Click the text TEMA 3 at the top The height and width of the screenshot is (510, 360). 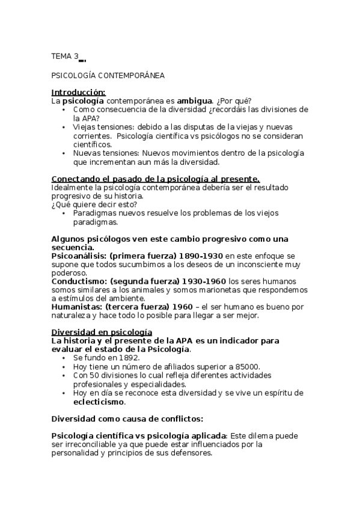tap(64, 57)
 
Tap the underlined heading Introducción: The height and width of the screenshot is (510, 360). tap(78, 92)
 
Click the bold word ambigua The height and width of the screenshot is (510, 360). tap(194, 100)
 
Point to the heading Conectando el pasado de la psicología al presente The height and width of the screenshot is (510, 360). tap(156, 179)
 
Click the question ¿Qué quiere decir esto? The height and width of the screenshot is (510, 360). tap(94, 204)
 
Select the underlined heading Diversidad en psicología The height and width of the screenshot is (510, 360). tap(102, 332)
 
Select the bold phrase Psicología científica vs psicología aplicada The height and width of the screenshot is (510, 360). tap(139, 435)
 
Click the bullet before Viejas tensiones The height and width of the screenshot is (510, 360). tap(65, 127)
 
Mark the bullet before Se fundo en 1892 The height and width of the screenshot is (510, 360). tap(65, 357)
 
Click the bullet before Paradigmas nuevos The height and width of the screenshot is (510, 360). tap(65, 213)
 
